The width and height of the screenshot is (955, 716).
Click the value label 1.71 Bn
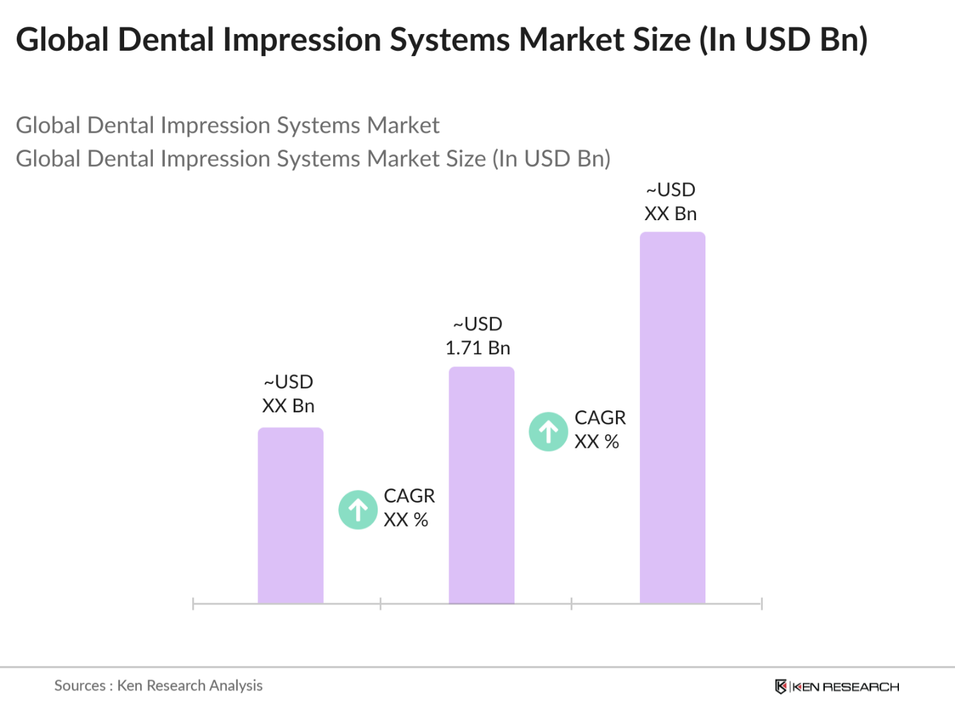coord(478,348)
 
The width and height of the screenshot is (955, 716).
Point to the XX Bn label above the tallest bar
coord(671,214)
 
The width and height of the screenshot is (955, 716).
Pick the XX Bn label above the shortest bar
coord(288,406)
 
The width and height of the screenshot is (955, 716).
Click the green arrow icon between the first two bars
coord(358,510)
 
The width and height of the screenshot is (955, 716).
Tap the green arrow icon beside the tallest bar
coord(549,432)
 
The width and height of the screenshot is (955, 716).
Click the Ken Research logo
coord(837,687)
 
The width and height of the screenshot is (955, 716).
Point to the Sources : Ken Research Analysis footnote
coord(158,685)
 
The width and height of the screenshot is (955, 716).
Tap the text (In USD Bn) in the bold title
coord(783,39)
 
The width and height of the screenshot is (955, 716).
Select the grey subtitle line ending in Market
coord(228,125)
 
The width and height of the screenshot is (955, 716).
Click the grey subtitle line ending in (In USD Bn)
coord(313,159)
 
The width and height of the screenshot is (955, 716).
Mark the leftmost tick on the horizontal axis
coord(193,604)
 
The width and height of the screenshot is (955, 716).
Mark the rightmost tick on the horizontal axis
coord(761,604)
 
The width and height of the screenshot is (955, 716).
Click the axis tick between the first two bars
coord(380,604)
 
